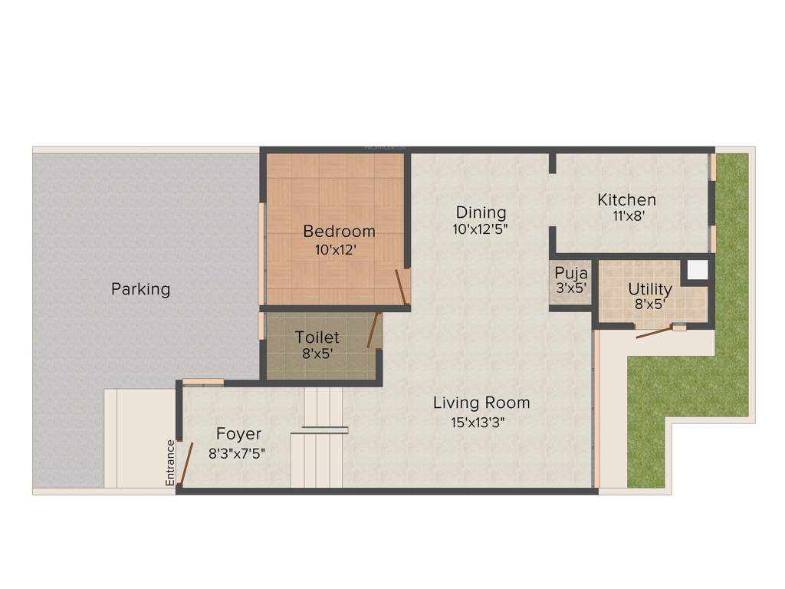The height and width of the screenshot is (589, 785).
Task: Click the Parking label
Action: (x=140, y=289)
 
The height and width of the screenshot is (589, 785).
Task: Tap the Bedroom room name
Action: (x=339, y=231)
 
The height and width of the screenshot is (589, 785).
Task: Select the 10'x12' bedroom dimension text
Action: (x=334, y=249)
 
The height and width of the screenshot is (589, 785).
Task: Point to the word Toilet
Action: (x=317, y=337)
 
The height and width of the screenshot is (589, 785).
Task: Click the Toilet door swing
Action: (x=373, y=331)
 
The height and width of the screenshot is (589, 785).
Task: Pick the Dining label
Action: (x=481, y=212)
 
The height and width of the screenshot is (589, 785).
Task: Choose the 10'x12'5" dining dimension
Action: (x=481, y=228)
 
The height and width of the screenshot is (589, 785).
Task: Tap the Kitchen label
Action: (x=626, y=200)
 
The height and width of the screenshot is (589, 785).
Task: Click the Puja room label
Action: (x=571, y=273)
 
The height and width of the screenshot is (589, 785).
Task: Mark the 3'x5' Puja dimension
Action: (x=571, y=288)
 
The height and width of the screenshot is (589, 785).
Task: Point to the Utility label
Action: (x=649, y=289)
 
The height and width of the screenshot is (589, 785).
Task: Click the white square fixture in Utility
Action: (x=697, y=270)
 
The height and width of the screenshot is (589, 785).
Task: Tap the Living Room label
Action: (x=481, y=403)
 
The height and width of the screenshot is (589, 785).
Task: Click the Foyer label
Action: (x=238, y=434)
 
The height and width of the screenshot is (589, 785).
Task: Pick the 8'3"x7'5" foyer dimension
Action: (x=238, y=452)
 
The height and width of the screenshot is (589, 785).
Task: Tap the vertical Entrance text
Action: (x=170, y=462)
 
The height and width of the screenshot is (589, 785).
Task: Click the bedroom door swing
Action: (x=400, y=287)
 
